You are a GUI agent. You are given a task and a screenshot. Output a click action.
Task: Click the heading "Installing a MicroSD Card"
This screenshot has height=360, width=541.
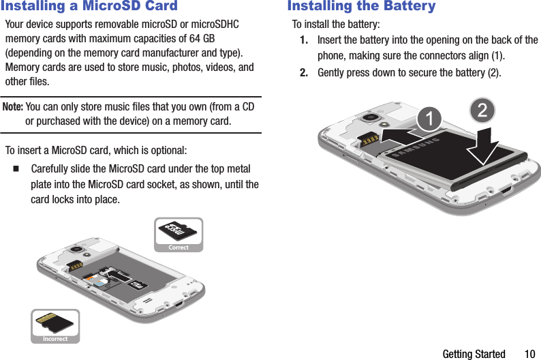pyautogui.click(x=89, y=7)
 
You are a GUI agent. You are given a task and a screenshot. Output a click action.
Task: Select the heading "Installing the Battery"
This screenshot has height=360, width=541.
pyautogui.click(x=361, y=7)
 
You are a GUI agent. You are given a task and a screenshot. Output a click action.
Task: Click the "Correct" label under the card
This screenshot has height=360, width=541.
pyautogui.click(x=179, y=247)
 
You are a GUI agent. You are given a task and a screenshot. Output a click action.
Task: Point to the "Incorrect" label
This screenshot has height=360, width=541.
pyautogui.click(x=55, y=339)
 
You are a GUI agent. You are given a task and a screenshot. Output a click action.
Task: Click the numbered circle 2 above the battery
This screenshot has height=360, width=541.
pyautogui.click(x=482, y=110)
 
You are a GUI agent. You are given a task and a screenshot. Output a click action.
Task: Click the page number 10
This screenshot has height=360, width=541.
pyautogui.click(x=529, y=354)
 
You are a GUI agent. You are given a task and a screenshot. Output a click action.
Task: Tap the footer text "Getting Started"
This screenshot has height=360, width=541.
pyautogui.click(x=474, y=354)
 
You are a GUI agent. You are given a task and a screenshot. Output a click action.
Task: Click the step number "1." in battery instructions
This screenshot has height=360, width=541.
pyautogui.click(x=307, y=40)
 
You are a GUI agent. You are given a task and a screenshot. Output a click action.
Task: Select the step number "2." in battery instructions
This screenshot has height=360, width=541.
pyautogui.click(x=307, y=72)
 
